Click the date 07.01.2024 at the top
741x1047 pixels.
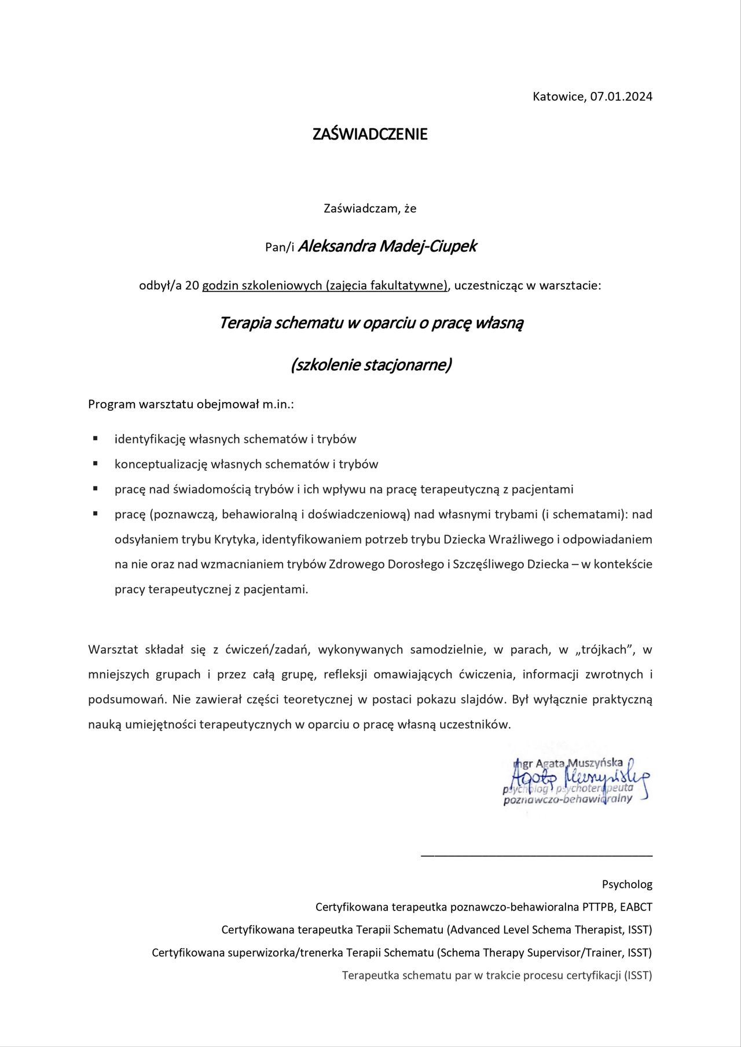pos(621,97)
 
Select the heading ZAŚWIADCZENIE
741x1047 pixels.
pos(370,134)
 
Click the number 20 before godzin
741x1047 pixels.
pos(192,285)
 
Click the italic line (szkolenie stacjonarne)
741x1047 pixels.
pos(370,365)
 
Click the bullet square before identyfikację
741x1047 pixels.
pos(96,438)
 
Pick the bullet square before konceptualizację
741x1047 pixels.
pos(96,463)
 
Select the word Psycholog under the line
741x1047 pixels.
pos(627,884)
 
